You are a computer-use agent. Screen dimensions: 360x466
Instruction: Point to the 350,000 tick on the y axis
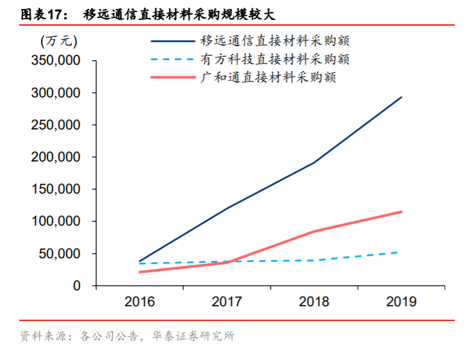coord(56,61)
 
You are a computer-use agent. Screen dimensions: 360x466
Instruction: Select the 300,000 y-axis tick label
coord(56,93)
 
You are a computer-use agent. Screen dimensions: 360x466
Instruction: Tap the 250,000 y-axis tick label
coord(56,125)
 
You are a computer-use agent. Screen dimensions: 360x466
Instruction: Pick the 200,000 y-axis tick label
coord(56,157)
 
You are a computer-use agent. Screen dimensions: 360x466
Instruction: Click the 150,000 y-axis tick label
coord(56,190)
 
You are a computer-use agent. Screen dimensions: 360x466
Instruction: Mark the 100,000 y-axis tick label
coord(56,222)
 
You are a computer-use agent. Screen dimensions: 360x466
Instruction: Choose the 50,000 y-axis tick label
coord(59,254)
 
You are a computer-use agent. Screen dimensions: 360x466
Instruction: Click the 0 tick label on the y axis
coord(76,286)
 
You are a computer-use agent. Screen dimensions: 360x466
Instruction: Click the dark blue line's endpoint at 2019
coord(401,97)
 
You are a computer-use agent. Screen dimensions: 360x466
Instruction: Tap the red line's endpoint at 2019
coord(401,211)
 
